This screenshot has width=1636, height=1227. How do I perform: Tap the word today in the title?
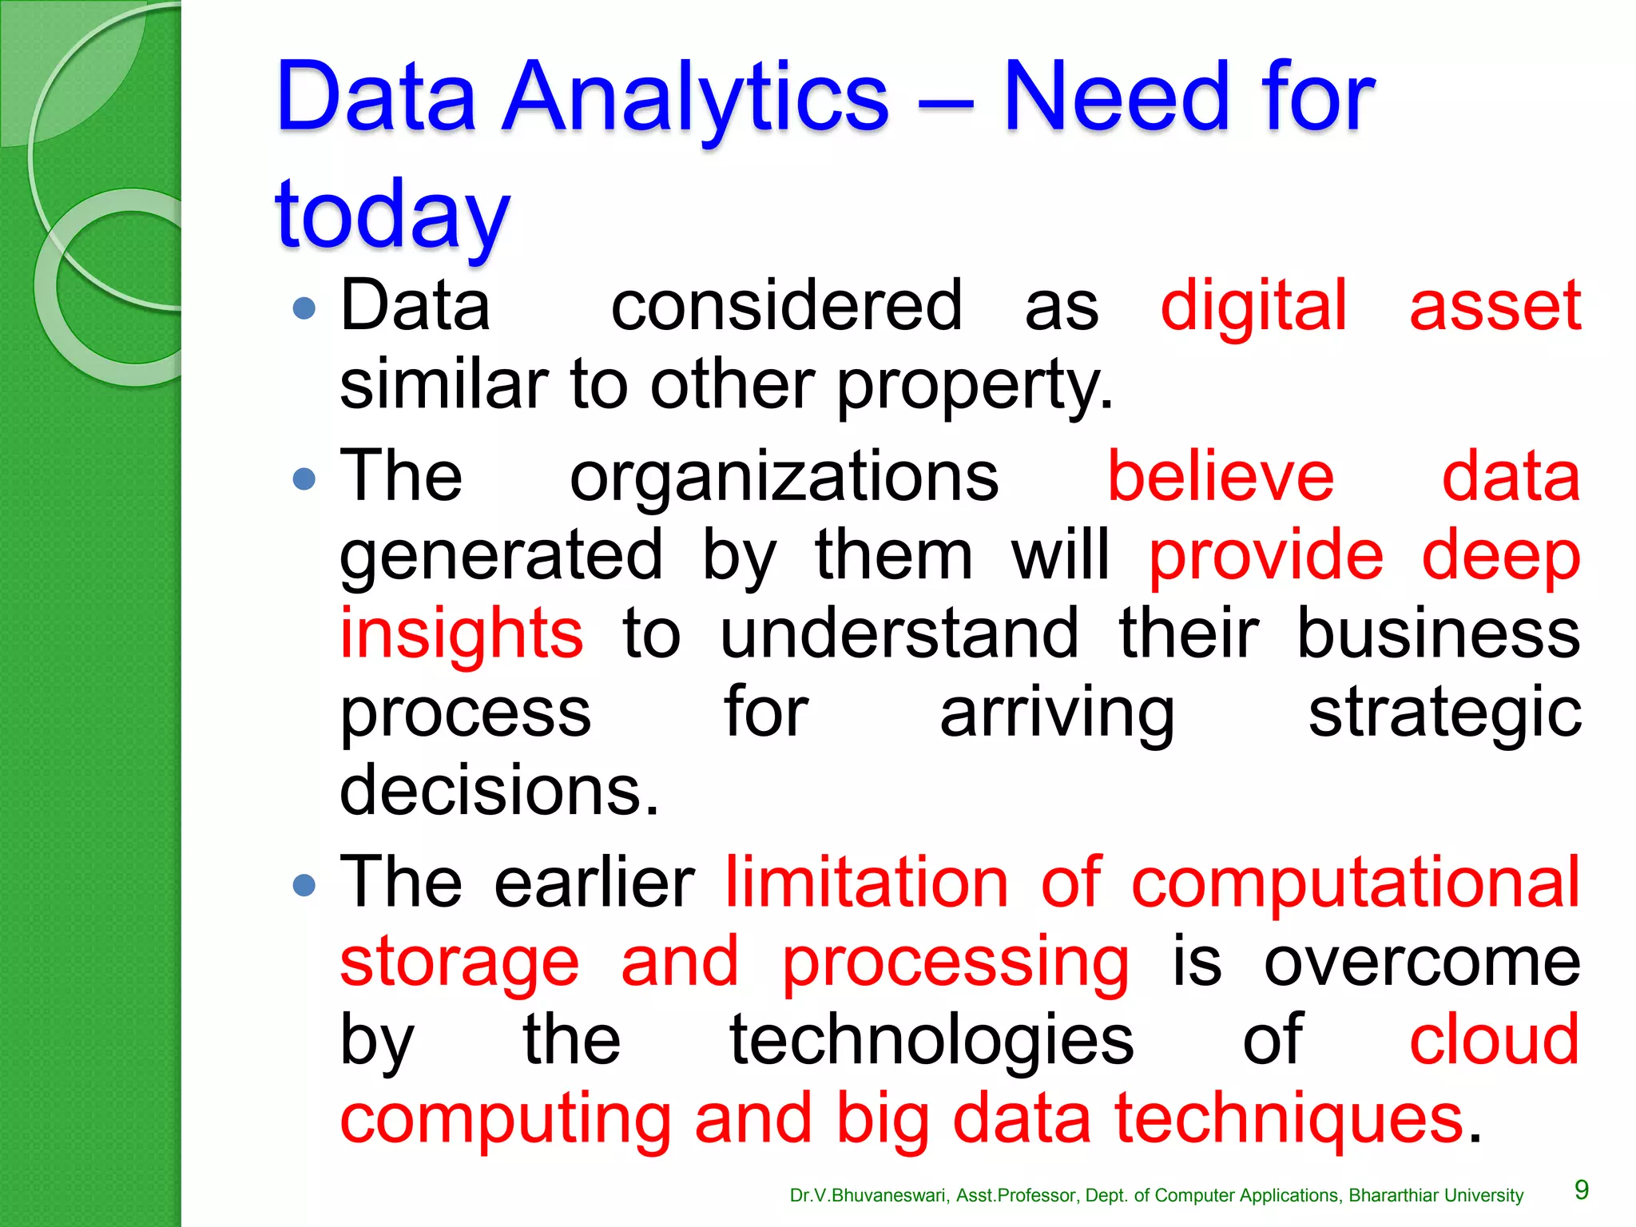pyautogui.click(x=391, y=214)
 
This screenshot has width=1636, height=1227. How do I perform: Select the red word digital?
pyautogui.click(x=1253, y=305)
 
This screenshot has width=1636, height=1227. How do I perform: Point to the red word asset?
pyautogui.click(x=1495, y=305)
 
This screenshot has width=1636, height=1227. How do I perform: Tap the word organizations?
pyautogui.click(x=784, y=477)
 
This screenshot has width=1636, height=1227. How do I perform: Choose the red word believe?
pyautogui.click(x=1220, y=477)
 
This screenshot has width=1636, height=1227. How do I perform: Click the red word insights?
pyautogui.click(x=462, y=633)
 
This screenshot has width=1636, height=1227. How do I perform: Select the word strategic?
pyautogui.click(x=1444, y=713)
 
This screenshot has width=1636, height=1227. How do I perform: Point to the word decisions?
pyautogui.click(x=499, y=790)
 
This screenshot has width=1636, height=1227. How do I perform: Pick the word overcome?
pyautogui.click(x=1422, y=961)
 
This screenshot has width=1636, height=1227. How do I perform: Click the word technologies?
pyautogui.click(x=931, y=1039)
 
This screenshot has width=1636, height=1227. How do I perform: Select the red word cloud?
pyautogui.click(x=1494, y=1039)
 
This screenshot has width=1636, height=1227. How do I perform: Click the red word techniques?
pyautogui.click(x=1289, y=1118)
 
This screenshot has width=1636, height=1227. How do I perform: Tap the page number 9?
pyautogui.click(x=1581, y=1190)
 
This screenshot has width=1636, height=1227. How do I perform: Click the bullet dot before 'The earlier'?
pyautogui.click(x=304, y=884)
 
